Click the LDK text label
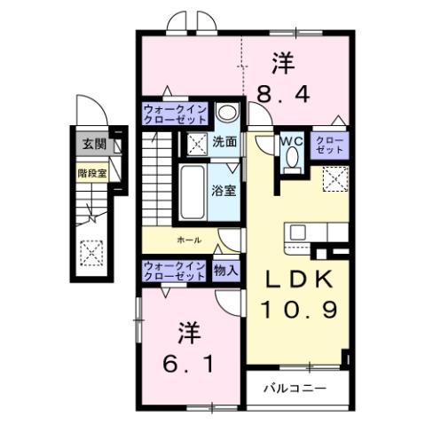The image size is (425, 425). (x=299, y=279)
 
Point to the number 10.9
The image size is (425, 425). (x=299, y=310)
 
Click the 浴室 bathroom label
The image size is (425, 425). (x=222, y=189)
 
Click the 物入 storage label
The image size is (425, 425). (x=226, y=271)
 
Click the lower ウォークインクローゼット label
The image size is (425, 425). (x=176, y=271)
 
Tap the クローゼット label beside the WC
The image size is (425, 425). (x=329, y=145)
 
